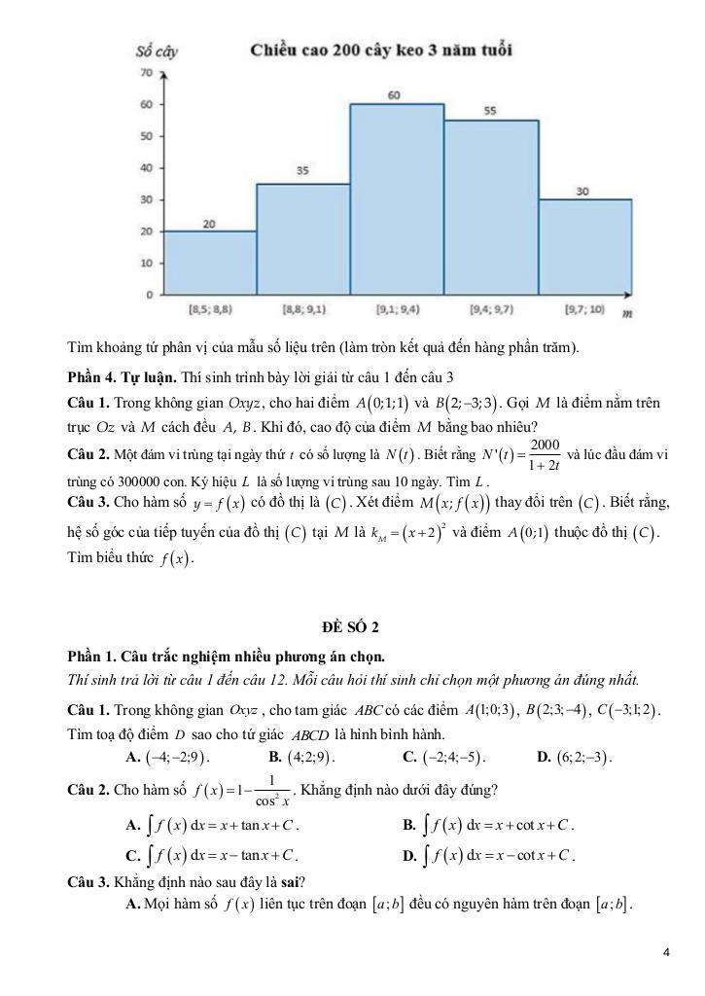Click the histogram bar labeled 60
click(397, 198)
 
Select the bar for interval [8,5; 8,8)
click(209, 262)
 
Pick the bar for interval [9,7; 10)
click(584, 246)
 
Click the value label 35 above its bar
click(302, 171)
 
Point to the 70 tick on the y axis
click(145, 73)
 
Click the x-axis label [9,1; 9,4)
click(397, 309)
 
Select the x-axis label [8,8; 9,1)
click(302, 309)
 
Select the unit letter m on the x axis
click(627, 313)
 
